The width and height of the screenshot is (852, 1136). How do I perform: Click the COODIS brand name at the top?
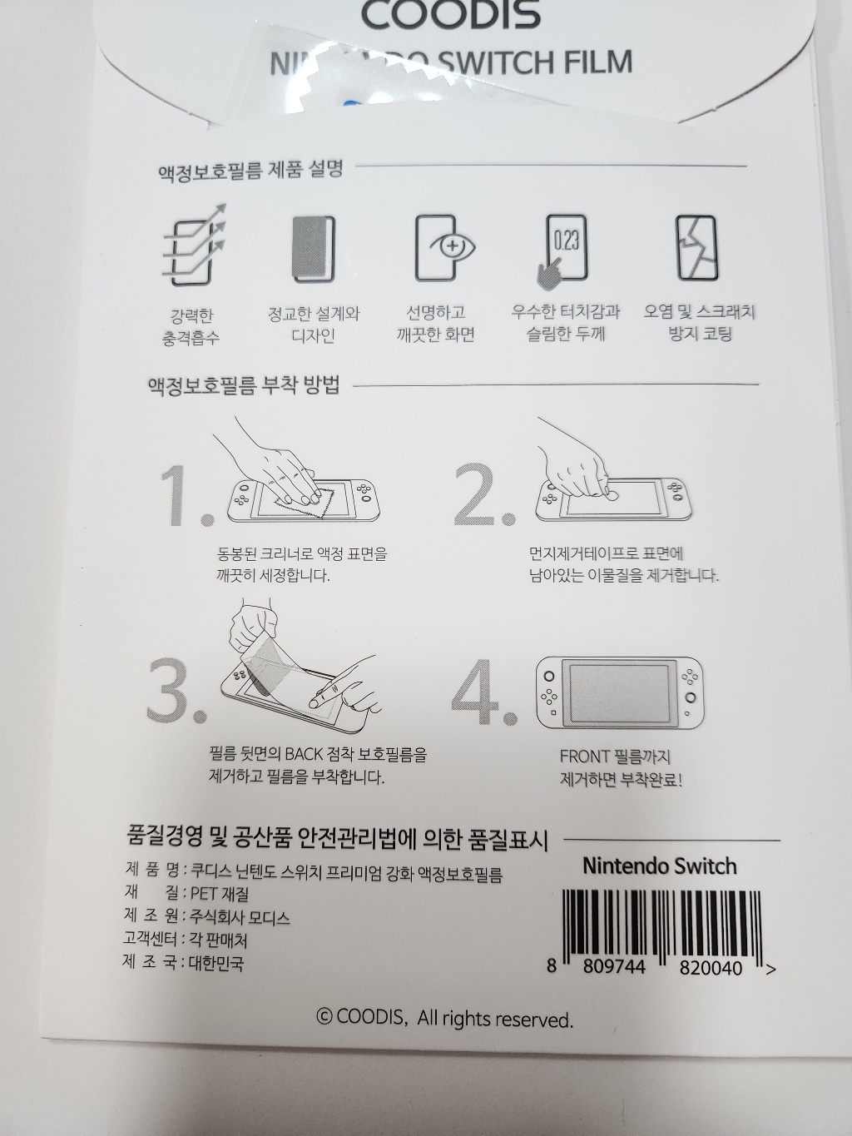pyautogui.click(x=450, y=14)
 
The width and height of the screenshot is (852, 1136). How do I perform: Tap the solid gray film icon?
pyautogui.click(x=314, y=248)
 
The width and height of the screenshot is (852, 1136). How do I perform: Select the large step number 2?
pyautogui.click(x=483, y=496)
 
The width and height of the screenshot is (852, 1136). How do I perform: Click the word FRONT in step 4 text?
pyautogui.click(x=585, y=757)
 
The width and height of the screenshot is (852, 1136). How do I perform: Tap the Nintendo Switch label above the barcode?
pyautogui.click(x=659, y=866)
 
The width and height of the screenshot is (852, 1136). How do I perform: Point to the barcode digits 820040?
pyautogui.click(x=711, y=968)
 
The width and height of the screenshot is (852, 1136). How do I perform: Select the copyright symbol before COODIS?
pyautogui.click(x=324, y=1016)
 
